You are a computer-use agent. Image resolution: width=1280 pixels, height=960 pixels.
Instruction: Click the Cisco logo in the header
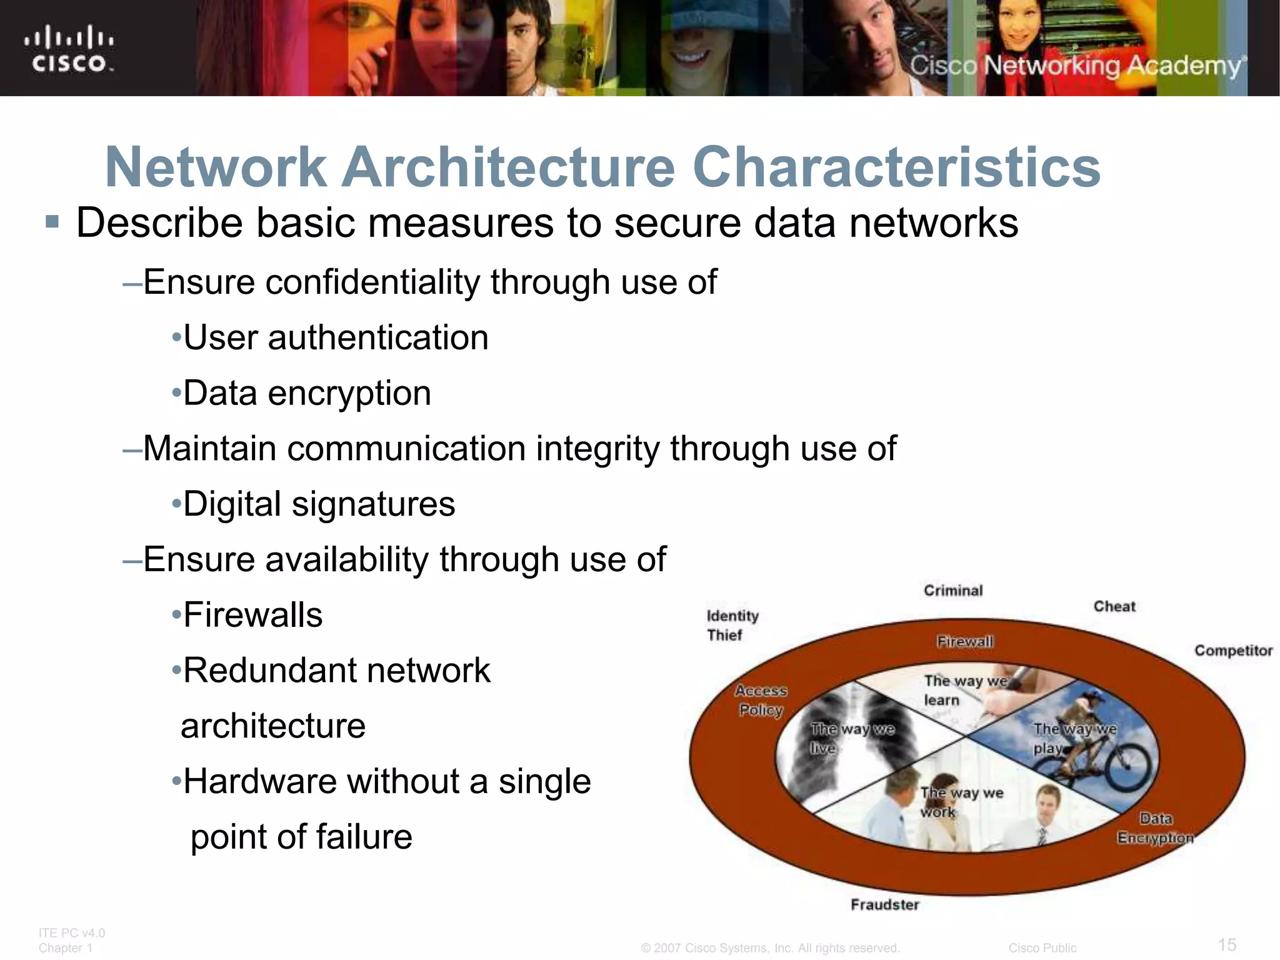coord(69,49)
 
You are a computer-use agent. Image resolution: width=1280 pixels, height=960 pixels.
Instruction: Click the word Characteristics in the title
coord(896,167)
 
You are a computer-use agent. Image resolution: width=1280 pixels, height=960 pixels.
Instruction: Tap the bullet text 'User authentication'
coord(336,337)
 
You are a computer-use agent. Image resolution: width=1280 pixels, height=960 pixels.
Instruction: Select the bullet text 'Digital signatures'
coord(319,504)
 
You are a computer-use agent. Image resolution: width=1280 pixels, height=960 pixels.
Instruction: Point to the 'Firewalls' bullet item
coord(252,614)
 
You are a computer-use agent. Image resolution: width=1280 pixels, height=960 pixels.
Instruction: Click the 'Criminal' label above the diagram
coord(953,591)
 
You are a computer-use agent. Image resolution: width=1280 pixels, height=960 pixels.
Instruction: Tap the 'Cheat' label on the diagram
coord(1114,606)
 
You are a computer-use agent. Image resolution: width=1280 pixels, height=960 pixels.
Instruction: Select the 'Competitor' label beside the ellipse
coord(1233,651)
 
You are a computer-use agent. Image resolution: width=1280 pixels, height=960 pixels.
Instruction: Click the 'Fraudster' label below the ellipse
coord(885,904)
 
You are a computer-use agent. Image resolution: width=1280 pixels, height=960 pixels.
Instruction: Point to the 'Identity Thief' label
coord(732,625)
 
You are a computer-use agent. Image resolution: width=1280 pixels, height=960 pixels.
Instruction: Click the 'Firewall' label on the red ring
coord(964,641)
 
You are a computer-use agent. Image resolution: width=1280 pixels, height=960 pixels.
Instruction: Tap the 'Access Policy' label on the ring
coord(761,700)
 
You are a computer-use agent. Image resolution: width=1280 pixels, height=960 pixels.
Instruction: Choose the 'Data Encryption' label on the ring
coord(1155,828)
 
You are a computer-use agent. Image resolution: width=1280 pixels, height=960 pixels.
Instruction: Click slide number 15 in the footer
coord(1227,944)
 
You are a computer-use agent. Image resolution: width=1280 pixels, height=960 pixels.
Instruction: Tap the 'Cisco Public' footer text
coord(1042,948)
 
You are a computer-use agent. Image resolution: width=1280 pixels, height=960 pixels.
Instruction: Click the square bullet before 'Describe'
coord(52,222)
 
